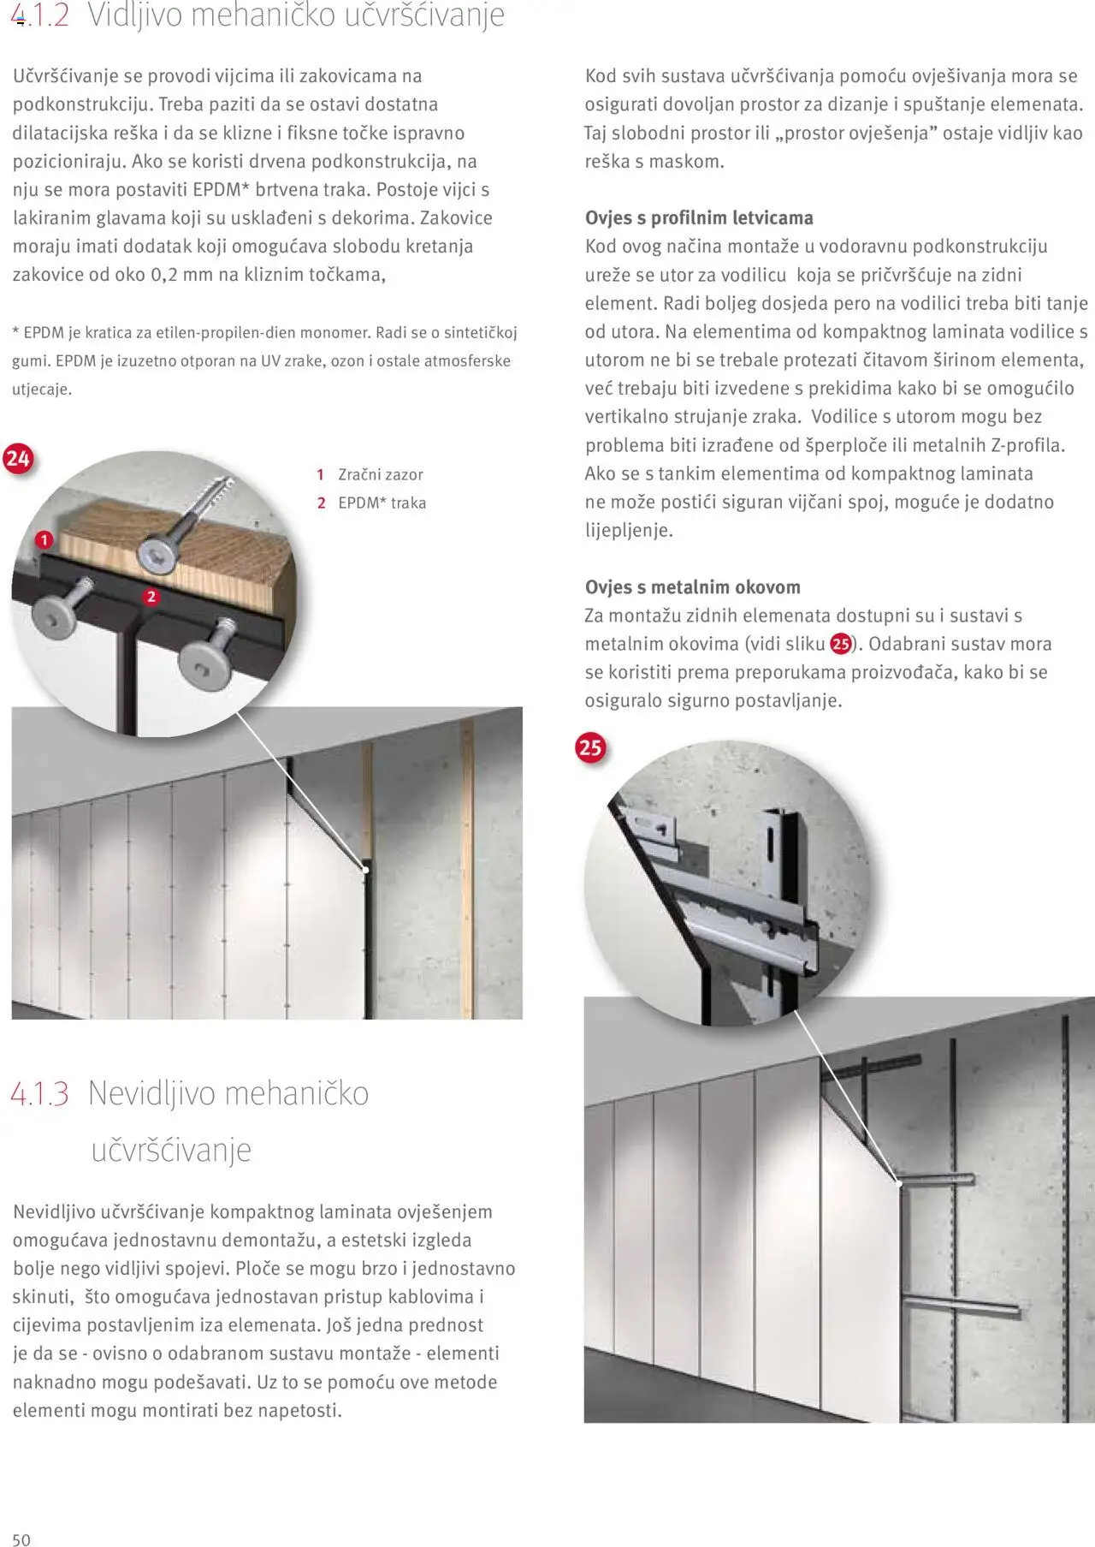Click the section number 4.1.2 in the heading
point(40,15)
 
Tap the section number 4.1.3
point(39,1094)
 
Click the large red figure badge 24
point(18,459)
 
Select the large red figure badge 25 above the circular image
point(590,747)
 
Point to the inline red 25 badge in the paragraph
point(841,644)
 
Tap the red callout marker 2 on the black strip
point(151,597)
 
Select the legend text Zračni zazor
point(380,474)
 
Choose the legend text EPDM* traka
point(382,503)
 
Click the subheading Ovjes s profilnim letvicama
point(699,217)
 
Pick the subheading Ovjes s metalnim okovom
point(692,587)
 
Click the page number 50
point(21,1539)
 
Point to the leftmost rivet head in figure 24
point(52,614)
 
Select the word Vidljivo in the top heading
point(135,15)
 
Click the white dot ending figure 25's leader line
point(899,1183)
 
